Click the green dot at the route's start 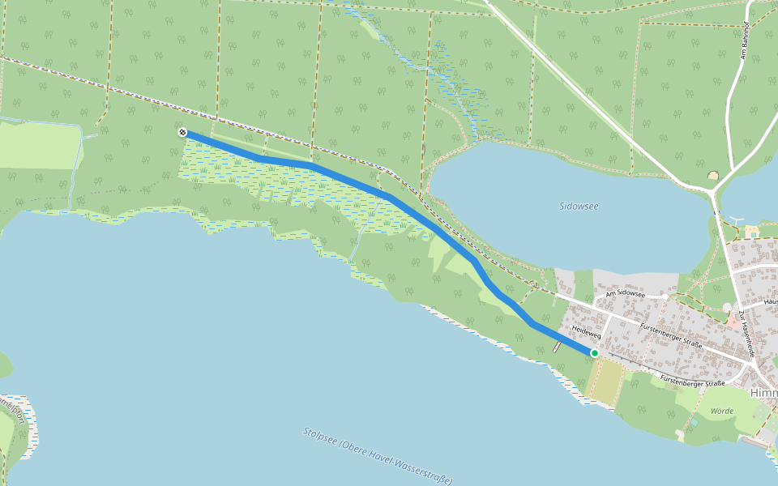(594, 353)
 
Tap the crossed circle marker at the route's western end (182, 132)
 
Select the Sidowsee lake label (579, 206)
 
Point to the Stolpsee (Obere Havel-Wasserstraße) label (378, 455)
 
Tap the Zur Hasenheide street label (746, 335)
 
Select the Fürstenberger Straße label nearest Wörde (691, 381)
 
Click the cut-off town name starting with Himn (763, 392)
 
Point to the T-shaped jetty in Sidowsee (736, 220)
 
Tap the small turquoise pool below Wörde (694, 422)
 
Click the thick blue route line (389, 197)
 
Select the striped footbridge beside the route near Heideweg (557, 347)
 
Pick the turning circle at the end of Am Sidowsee (665, 296)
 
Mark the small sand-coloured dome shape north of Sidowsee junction (713, 176)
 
